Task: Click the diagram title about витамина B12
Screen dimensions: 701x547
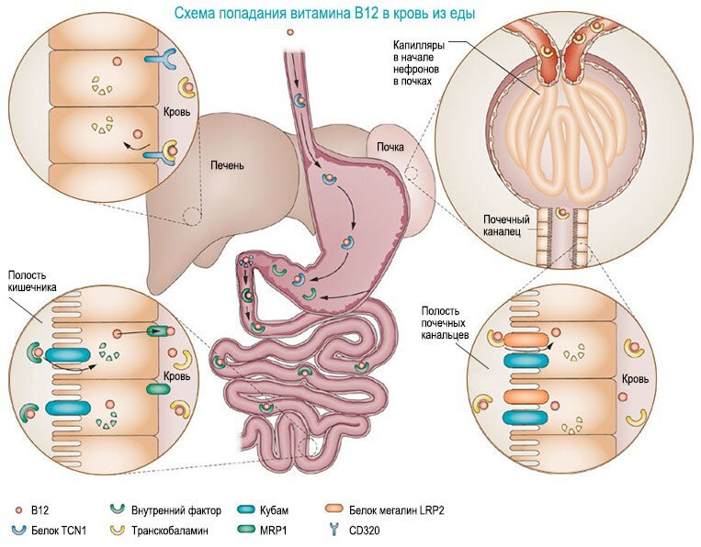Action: pos(324,14)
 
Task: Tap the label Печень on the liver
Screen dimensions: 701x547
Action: pos(228,166)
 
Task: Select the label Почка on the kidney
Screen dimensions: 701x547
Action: pos(390,147)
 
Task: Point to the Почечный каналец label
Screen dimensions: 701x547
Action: pos(506,226)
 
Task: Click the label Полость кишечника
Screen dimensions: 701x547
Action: pos(32,281)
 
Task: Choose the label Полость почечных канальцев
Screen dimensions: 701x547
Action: pos(445,322)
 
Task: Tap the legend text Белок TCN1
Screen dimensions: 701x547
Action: pos(59,530)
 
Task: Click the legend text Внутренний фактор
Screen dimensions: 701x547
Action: pos(176,510)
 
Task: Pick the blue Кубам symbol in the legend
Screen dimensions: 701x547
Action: pos(245,509)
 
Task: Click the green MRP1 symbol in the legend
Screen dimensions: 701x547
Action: pos(245,530)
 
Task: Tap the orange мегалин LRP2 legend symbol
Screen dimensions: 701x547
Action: pos(334,509)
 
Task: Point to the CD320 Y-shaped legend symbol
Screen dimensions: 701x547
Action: pos(334,530)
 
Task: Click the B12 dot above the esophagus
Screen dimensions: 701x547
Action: pos(290,32)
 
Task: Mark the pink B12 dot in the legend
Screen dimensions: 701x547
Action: pos(18,510)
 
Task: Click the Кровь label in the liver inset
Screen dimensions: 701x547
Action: pos(177,111)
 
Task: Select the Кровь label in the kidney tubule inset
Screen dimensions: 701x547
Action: pos(635,379)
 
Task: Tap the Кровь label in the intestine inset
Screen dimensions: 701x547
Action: pos(177,376)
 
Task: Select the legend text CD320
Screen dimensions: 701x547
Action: pos(364,530)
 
